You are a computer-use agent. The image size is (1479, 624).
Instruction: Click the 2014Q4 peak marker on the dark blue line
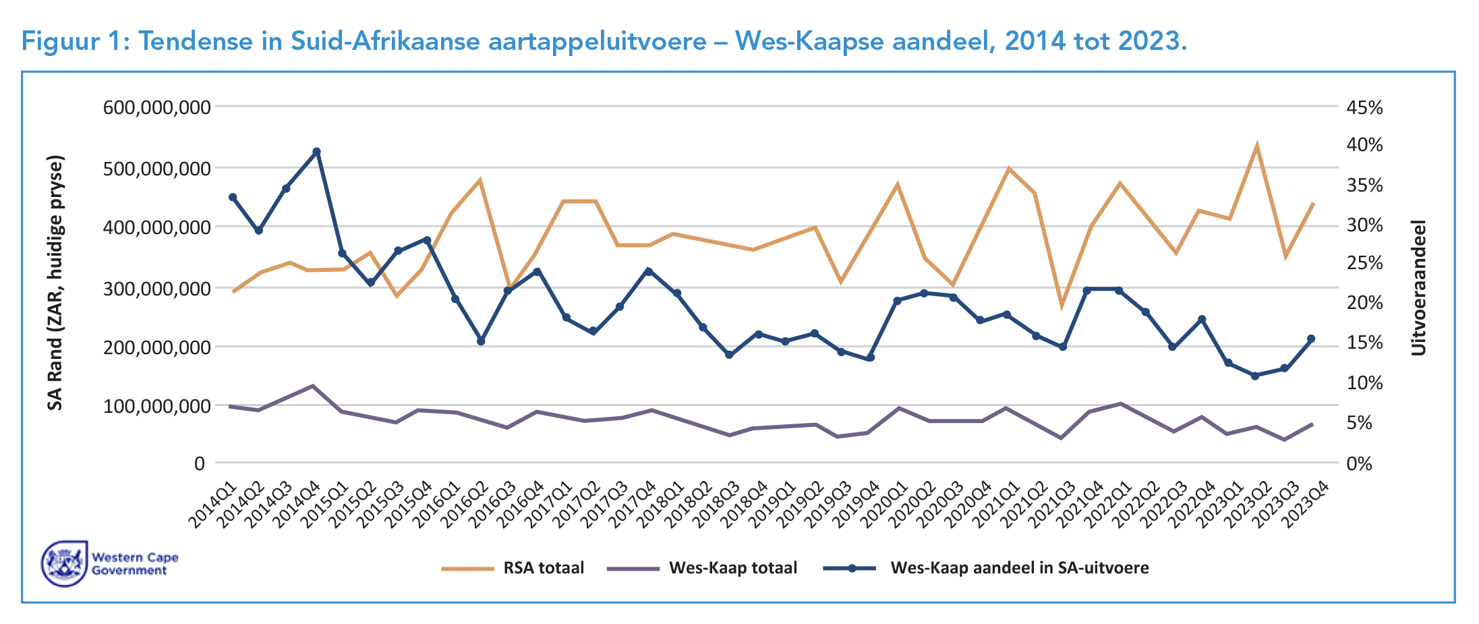[316, 152]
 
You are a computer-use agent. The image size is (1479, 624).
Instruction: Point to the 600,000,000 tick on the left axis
[156, 107]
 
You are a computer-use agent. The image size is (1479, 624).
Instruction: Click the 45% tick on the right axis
[1364, 108]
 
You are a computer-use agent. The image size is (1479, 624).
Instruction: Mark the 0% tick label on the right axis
[1359, 464]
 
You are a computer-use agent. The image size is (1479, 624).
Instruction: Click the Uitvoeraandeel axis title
[1419, 287]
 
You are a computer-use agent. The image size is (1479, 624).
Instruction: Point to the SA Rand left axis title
[55, 283]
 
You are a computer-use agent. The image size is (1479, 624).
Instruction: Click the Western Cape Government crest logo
[65, 563]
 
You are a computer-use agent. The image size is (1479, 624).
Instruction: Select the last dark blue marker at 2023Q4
[1311, 339]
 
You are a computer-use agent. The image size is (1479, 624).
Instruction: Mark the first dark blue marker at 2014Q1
[233, 197]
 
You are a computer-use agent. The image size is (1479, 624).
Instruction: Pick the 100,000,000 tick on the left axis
[156, 406]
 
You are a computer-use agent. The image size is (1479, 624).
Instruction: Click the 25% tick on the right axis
[1364, 263]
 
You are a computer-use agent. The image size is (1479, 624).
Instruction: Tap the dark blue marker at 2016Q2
[481, 341]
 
